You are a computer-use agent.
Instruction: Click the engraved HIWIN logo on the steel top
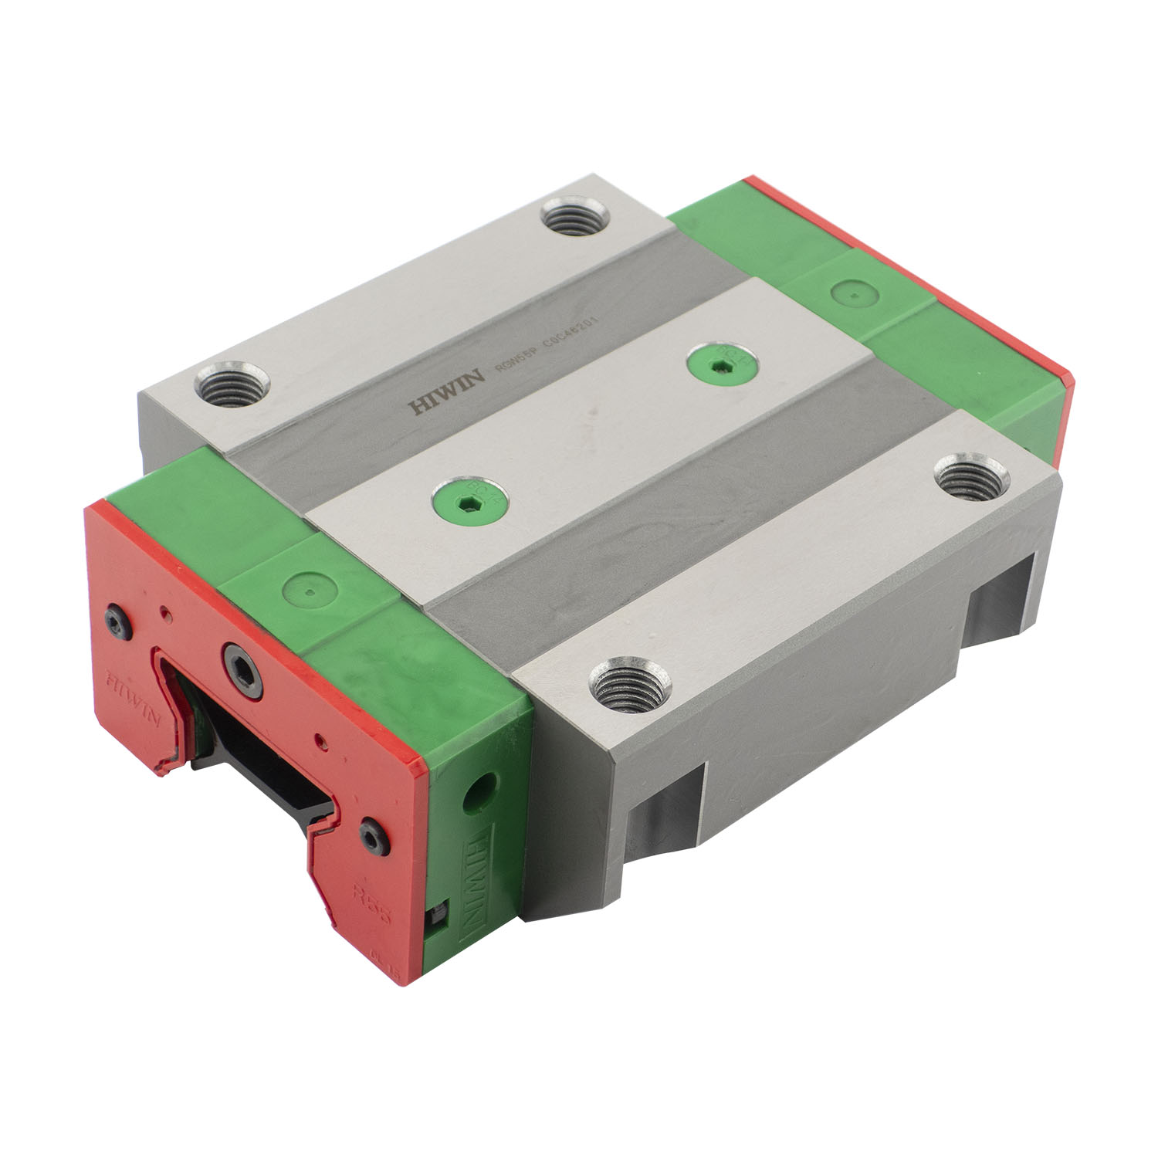(445, 393)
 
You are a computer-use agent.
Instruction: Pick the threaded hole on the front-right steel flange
(630, 683)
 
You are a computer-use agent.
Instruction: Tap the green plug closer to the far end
(722, 361)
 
